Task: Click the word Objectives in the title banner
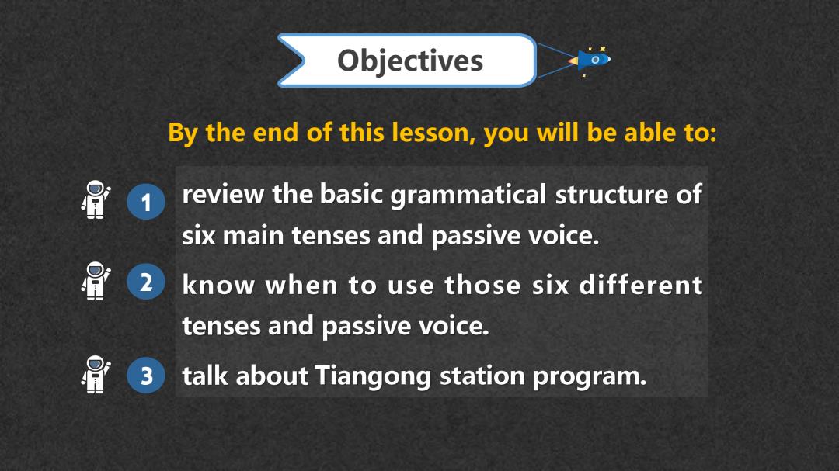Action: click(410, 61)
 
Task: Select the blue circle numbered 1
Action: click(146, 202)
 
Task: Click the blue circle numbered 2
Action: click(146, 282)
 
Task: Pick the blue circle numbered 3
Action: click(146, 376)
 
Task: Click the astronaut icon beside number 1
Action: click(96, 199)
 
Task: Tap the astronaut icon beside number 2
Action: click(96, 281)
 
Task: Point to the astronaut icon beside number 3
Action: click(96, 374)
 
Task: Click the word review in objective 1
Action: click(223, 194)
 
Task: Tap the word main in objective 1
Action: click(252, 236)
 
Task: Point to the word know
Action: click(218, 285)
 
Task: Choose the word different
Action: click(641, 285)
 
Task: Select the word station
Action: click(482, 376)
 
